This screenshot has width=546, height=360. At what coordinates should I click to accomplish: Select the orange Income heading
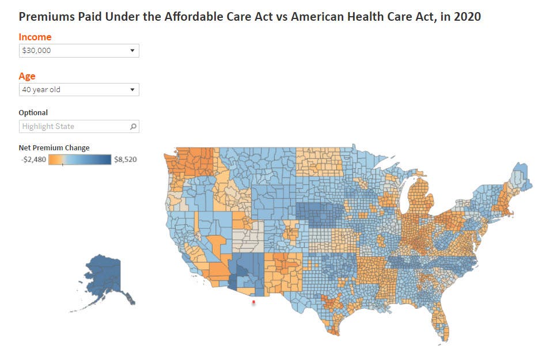pyautogui.click(x=35, y=37)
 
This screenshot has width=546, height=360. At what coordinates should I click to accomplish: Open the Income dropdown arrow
pyautogui.click(x=132, y=51)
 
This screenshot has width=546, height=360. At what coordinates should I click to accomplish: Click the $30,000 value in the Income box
pyautogui.click(x=36, y=51)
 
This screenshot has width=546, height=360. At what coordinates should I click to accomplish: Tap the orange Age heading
pyautogui.click(x=27, y=76)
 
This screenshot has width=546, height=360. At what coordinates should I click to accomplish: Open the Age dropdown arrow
pyautogui.click(x=132, y=89)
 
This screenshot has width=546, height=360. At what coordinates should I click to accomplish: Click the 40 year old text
pyautogui.click(x=41, y=89)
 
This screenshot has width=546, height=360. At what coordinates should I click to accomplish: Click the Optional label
pyautogui.click(x=33, y=112)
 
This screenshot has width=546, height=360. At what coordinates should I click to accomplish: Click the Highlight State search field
pyautogui.click(x=79, y=126)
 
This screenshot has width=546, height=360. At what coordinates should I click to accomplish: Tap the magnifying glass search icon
pyautogui.click(x=133, y=126)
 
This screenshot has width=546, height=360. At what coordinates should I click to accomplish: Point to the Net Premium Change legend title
pyautogui.click(x=54, y=147)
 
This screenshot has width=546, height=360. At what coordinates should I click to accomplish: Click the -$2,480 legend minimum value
pyautogui.click(x=33, y=160)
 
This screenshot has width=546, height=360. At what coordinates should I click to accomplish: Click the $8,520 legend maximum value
pyautogui.click(x=126, y=160)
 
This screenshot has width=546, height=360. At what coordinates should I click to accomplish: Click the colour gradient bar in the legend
pyautogui.click(x=79, y=160)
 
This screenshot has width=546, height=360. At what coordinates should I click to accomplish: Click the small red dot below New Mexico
pyautogui.click(x=253, y=302)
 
